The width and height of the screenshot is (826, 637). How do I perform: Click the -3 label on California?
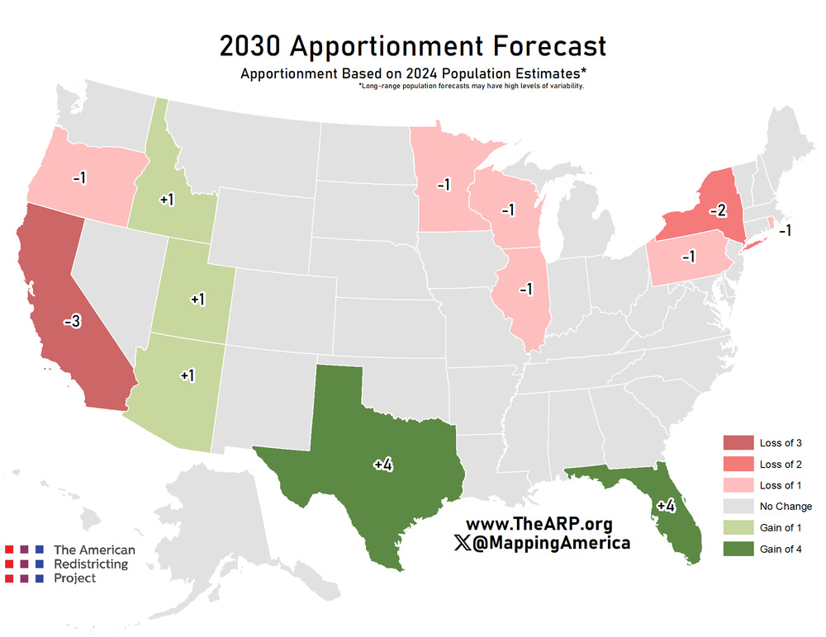pyautogui.click(x=72, y=322)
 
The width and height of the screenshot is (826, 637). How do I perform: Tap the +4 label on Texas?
pyautogui.click(x=382, y=465)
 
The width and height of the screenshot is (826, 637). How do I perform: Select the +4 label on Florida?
pyautogui.click(x=666, y=506)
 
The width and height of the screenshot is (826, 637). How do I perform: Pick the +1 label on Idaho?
pyautogui.click(x=166, y=200)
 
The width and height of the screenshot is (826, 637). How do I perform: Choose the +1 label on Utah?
pyautogui.click(x=197, y=299)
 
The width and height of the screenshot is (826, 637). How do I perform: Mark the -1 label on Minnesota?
pyautogui.click(x=443, y=184)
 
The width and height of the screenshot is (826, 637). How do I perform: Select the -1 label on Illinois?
pyautogui.click(x=525, y=289)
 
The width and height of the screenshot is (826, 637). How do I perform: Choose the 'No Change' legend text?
pyautogui.click(x=786, y=507)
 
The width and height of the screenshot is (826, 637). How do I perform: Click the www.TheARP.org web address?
pyautogui.click(x=539, y=525)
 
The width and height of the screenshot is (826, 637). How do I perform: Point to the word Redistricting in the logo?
pyautogui.click(x=91, y=564)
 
